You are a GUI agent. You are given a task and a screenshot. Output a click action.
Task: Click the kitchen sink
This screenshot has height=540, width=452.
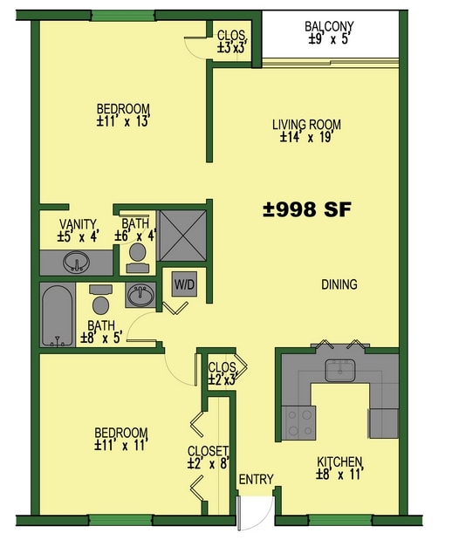[x=338, y=371]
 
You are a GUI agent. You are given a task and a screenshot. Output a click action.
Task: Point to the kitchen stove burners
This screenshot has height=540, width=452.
[x=300, y=423]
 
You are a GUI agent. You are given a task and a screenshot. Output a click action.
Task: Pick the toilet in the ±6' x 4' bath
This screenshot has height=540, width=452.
[x=136, y=254]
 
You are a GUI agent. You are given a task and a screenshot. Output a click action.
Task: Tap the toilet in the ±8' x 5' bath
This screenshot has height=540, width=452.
[x=101, y=301]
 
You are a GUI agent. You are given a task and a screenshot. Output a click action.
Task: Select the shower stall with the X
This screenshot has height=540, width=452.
[x=181, y=236]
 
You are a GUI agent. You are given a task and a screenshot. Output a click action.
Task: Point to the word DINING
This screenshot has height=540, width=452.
[x=339, y=284]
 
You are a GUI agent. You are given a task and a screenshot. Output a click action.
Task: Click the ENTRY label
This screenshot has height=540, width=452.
[x=256, y=479]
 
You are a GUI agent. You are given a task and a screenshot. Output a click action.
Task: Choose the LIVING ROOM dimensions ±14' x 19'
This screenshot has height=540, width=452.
[x=305, y=137]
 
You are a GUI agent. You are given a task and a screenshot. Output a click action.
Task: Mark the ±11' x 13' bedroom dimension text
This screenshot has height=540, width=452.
[x=124, y=122]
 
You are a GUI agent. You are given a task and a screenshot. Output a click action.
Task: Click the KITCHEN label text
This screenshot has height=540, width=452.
[x=339, y=462]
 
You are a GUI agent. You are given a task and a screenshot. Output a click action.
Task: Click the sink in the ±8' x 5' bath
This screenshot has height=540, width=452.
[x=140, y=295]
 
